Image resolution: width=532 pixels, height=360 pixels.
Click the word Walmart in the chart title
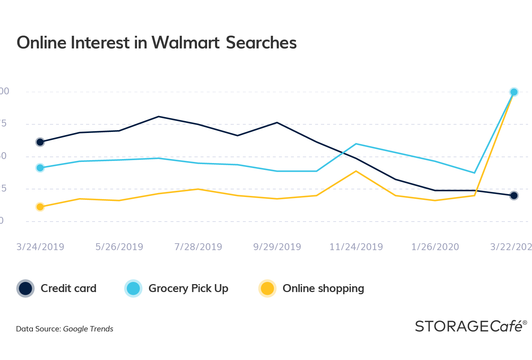[185, 43]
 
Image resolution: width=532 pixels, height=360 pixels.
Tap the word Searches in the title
[261, 43]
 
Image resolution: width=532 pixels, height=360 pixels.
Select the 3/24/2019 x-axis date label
[40, 247]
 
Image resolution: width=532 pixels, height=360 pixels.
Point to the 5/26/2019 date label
[119, 247]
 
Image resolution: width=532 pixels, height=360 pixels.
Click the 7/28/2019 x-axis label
[198, 247]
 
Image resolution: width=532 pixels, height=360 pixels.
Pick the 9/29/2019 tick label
[277, 247]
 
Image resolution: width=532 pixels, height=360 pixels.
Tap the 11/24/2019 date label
[356, 247]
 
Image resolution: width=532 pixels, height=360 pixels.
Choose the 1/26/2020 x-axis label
[435, 247]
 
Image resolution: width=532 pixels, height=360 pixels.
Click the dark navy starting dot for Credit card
[40, 142]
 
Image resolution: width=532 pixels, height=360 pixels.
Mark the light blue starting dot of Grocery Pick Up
[40, 168]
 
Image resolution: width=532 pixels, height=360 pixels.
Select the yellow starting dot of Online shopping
[40, 207]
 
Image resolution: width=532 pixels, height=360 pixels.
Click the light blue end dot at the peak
[514, 92]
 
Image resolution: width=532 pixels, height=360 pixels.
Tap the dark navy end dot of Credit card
[514, 196]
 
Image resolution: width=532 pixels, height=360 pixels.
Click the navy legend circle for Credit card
[25, 288]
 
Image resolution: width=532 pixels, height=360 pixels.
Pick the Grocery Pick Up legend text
[188, 288]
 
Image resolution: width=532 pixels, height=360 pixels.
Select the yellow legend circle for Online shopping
[267, 288]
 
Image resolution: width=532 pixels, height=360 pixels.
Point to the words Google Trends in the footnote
[88, 329]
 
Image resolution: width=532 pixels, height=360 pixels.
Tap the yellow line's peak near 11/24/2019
[356, 171]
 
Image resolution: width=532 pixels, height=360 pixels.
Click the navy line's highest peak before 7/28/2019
[159, 116]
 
